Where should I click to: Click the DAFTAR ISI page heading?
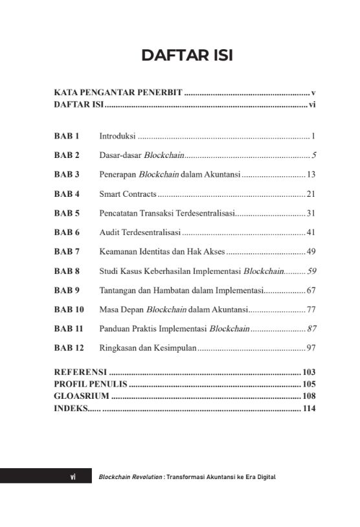(187, 56)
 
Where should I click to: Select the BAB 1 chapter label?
(66, 137)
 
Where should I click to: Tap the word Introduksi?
(117, 137)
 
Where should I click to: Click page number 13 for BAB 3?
(311, 175)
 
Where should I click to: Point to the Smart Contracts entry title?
(128, 194)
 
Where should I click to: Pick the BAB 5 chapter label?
(67, 213)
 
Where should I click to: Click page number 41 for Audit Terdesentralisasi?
(311, 232)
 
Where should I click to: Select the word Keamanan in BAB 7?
(118, 251)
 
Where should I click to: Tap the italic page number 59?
(311, 271)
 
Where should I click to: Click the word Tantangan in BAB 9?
(118, 290)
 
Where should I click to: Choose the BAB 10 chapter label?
(69, 309)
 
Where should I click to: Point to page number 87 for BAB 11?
(311, 329)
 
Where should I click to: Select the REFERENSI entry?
(80, 372)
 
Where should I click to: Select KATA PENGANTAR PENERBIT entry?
(118, 93)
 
